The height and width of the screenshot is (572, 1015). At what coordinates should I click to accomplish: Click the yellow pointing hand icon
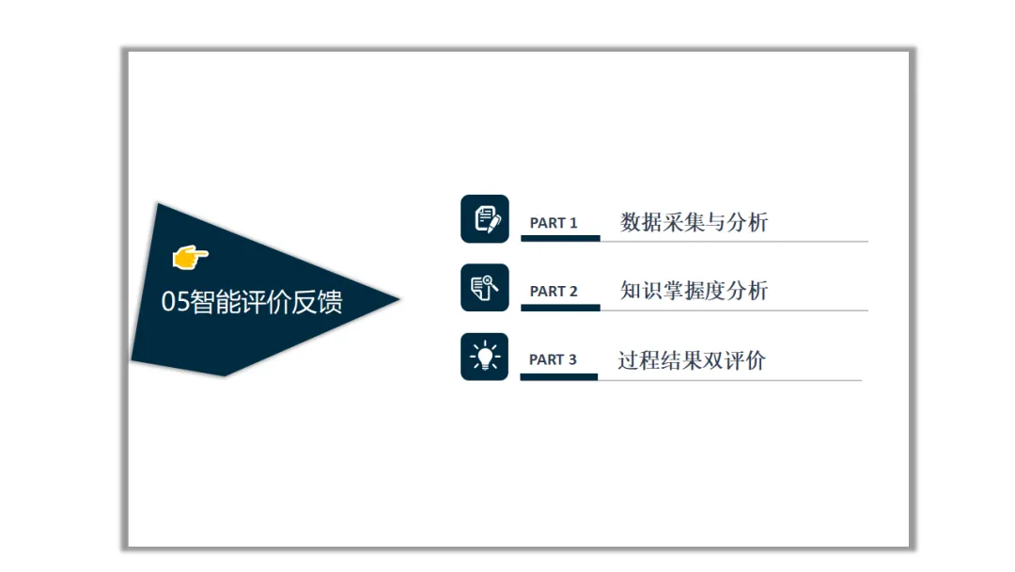[x=190, y=257]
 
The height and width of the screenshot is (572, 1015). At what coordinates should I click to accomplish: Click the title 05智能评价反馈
[x=252, y=302]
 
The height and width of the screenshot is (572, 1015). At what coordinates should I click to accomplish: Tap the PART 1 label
[x=554, y=223]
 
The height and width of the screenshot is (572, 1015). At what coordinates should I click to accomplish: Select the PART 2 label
[x=554, y=292]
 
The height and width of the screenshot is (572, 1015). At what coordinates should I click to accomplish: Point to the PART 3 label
[x=553, y=359]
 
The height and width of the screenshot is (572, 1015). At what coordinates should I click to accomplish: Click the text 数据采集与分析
[x=694, y=222]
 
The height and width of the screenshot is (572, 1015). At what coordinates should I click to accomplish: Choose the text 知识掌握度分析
[x=694, y=290]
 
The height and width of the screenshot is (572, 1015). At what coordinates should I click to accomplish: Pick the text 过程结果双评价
[x=692, y=360]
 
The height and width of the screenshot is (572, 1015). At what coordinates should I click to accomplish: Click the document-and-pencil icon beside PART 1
[x=485, y=219]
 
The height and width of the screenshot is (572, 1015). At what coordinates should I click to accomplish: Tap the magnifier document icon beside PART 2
[x=485, y=288]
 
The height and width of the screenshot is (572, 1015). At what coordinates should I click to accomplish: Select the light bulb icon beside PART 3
[x=484, y=357]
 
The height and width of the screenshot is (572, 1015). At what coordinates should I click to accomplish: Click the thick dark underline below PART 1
[x=560, y=238]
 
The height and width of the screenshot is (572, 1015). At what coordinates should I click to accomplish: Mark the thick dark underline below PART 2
[x=560, y=308]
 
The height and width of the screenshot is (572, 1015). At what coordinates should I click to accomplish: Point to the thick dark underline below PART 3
[x=558, y=377]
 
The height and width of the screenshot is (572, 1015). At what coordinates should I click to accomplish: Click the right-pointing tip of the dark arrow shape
[x=399, y=298]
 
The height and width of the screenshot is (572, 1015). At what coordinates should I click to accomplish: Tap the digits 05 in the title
[x=176, y=302]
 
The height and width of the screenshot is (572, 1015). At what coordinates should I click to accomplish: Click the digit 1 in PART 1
[x=573, y=223]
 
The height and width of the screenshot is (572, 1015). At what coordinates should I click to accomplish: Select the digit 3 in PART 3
[x=572, y=359]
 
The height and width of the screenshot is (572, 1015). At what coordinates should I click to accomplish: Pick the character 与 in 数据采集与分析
[x=715, y=222]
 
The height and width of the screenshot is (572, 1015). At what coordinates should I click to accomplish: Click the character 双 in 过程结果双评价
[x=712, y=360]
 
